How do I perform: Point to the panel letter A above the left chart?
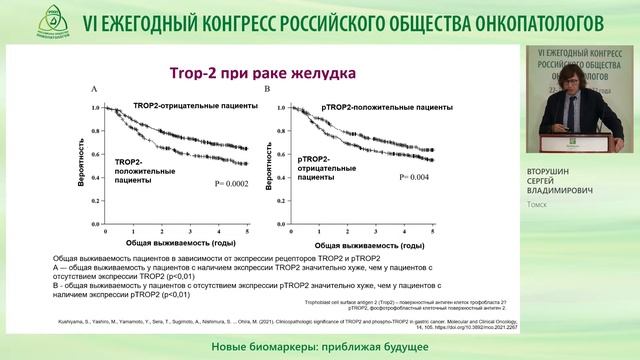click(x=94, y=89)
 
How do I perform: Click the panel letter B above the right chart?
click(x=267, y=89)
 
